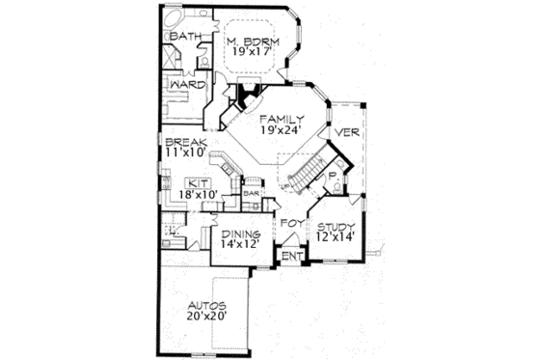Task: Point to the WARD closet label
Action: pos(184,84)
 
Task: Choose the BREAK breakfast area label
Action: pos(182,141)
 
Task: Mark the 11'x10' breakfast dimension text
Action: pos(184,152)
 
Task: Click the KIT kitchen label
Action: pos(199,181)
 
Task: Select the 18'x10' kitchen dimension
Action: pos(199,194)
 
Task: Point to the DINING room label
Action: pos(241,234)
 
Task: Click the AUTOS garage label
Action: pos(208,303)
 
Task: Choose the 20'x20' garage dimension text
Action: pos(208,316)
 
